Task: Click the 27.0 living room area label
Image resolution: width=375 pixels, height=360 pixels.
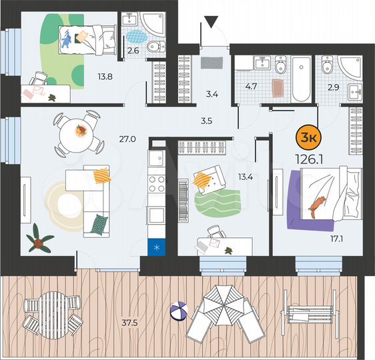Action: (127, 139)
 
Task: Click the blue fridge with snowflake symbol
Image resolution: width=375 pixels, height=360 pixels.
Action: (157, 248)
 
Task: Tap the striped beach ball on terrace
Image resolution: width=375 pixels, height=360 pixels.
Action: (179, 311)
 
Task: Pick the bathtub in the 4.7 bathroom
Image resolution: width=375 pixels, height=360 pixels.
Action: (301, 79)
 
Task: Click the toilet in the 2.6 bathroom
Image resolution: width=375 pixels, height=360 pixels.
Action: (154, 45)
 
